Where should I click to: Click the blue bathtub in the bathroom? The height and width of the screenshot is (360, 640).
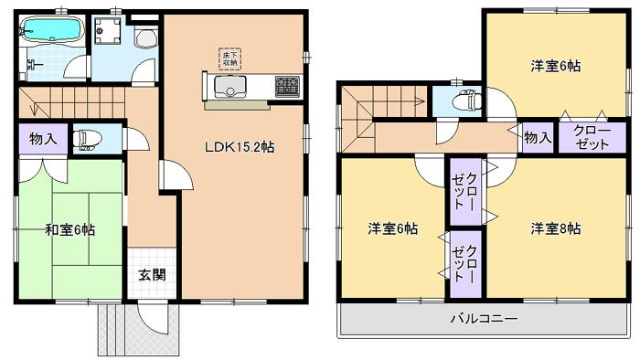[x=52, y=31]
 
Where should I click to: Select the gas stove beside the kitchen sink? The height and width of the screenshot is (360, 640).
[x=287, y=87]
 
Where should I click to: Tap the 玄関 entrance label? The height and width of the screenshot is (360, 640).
[x=152, y=273]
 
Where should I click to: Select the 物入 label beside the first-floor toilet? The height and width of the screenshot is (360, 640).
[x=42, y=140]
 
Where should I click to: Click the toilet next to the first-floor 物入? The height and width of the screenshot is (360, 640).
[x=87, y=139]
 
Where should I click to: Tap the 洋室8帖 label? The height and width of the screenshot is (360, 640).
[x=555, y=228]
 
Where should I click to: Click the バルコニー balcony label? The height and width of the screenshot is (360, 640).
[x=483, y=319]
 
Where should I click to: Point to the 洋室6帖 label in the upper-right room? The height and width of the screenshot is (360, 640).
[x=556, y=66]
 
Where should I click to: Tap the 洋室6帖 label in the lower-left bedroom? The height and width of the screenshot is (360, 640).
[x=394, y=228]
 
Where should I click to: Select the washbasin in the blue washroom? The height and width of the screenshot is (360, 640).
[x=145, y=38]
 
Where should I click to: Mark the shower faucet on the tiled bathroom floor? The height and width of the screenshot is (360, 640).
[x=30, y=65]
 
